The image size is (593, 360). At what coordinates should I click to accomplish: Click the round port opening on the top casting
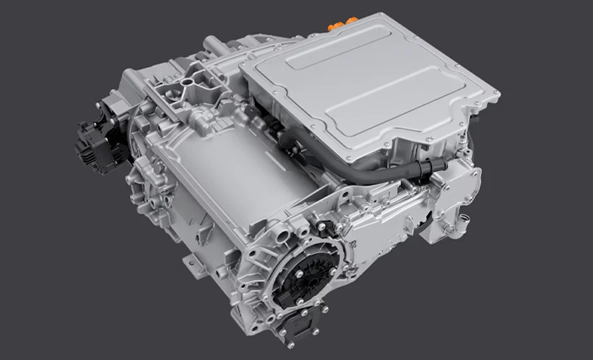189,83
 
